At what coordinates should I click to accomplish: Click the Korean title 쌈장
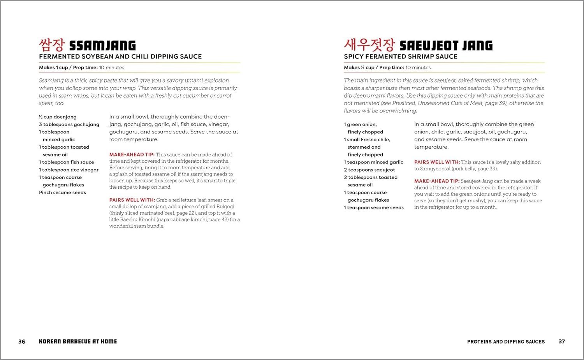tap(51, 45)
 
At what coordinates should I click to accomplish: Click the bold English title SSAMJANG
tap(102, 46)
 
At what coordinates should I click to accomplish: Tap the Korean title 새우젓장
tap(369, 45)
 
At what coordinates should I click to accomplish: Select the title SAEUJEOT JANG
tap(446, 46)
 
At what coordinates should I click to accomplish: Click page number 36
tap(22, 342)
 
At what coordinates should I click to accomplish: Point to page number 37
tap(562, 342)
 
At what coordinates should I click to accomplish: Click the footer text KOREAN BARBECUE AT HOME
tap(78, 342)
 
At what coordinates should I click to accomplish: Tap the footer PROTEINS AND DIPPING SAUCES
tap(506, 342)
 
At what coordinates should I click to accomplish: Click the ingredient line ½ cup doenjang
tap(58, 117)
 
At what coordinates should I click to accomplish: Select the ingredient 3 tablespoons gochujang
tap(69, 125)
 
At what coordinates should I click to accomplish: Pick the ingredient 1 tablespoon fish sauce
tap(67, 162)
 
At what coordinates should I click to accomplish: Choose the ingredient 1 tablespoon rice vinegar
tap(69, 170)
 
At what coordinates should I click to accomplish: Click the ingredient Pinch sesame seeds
tap(62, 193)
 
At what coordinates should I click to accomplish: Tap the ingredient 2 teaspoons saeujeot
tap(369, 170)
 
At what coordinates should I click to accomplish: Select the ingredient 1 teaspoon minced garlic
tap(373, 162)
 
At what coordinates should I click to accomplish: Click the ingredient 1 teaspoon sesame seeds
tap(374, 208)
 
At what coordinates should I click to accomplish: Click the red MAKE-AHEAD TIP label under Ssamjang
tap(132, 155)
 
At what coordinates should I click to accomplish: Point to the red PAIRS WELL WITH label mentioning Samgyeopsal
tap(437, 162)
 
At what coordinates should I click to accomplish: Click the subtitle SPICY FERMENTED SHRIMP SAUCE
tap(401, 57)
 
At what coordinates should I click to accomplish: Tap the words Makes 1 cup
tap(53, 68)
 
